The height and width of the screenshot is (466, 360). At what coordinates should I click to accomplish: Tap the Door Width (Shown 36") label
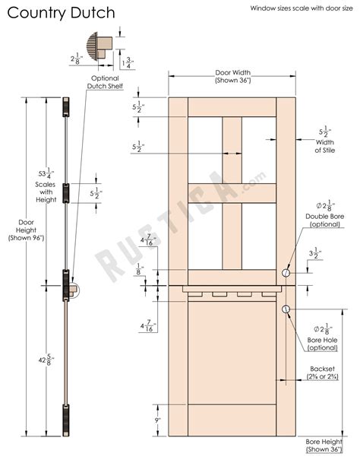click(x=233, y=76)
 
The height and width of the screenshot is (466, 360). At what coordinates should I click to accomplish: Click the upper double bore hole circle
click(x=286, y=273)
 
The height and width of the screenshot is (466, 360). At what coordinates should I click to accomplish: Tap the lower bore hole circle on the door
click(x=286, y=309)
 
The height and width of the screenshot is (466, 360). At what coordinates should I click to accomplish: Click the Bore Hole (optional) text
click(x=322, y=343)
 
